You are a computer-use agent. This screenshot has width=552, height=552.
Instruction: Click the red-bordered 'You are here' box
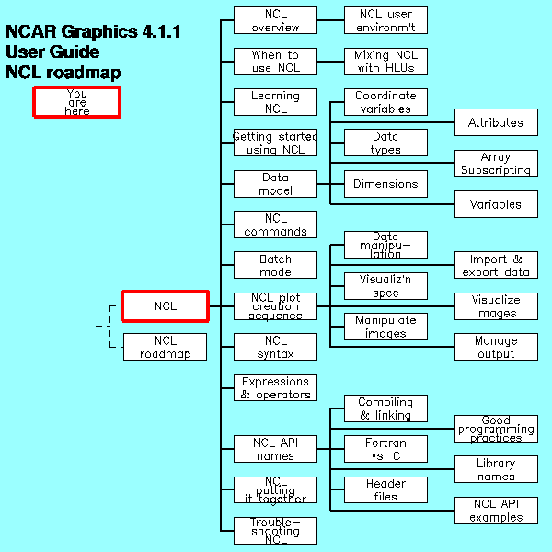(77, 101)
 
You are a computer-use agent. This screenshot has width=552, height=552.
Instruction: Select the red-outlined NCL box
(166, 306)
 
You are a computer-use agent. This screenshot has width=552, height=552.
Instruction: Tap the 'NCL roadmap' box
(166, 347)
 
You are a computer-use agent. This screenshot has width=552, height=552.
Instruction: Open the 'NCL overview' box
(275, 20)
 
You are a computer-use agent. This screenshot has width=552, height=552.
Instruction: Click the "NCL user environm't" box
(385, 20)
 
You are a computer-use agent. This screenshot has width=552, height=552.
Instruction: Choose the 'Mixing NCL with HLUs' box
(385, 61)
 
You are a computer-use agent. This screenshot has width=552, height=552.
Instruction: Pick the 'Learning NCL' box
(275, 101)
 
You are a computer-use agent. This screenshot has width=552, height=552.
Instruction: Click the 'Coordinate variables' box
(385, 101)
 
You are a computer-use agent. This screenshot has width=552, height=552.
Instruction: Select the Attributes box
(496, 122)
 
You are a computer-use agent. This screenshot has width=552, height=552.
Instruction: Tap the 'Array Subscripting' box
(496, 163)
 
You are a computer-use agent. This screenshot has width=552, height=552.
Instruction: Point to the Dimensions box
(385, 184)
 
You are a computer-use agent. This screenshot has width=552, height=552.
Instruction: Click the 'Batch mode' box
(275, 265)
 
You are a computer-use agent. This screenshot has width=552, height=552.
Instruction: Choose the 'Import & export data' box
(496, 265)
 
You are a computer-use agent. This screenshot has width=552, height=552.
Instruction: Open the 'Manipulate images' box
(385, 327)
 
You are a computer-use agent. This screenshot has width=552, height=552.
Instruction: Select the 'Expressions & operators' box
(275, 387)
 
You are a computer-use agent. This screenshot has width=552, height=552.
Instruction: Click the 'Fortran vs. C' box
(385, 449)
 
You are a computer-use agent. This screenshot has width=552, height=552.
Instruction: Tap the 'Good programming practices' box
(496, 429)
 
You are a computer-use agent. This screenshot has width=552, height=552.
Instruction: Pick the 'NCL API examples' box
(496, 510)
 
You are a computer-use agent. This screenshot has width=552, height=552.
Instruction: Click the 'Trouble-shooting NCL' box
(275, 531)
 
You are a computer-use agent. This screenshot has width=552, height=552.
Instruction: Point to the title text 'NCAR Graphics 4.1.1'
(93, 32)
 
